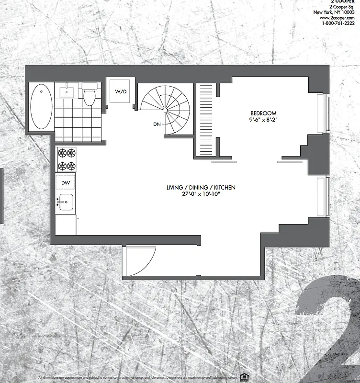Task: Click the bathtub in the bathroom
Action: pos(41,106)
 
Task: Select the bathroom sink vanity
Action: pos(66,90)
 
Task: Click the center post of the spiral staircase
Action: pos(165,110)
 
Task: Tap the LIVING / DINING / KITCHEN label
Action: pos(201,187)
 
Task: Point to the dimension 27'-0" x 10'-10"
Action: pos(201,194)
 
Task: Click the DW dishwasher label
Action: pos(66,182)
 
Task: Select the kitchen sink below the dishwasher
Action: pos(67,202)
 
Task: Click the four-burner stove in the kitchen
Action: pos(67,159)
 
